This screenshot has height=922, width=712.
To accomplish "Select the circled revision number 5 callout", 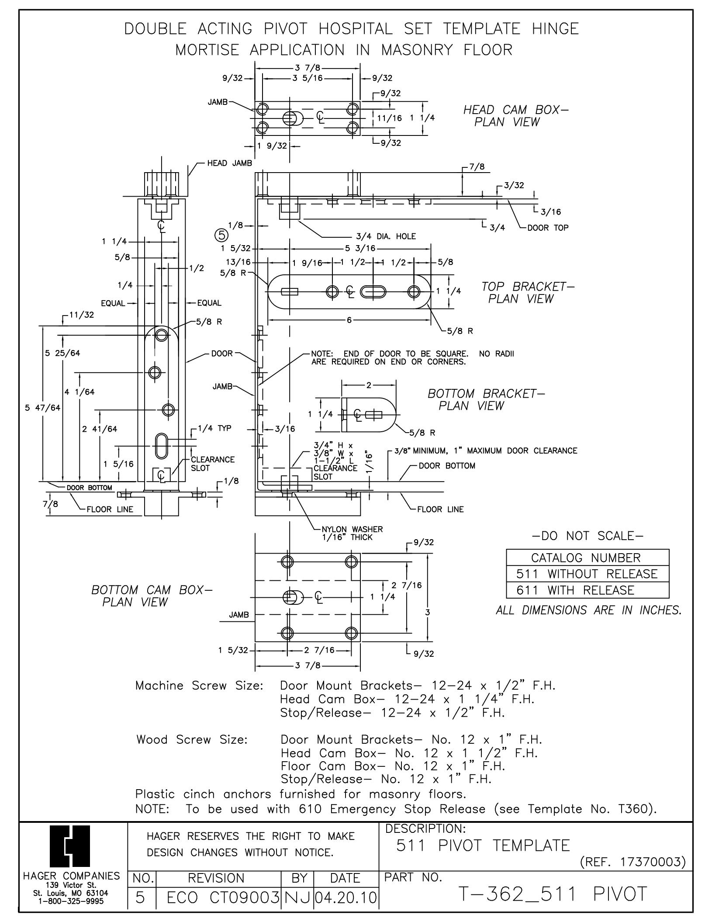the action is coord(221,236).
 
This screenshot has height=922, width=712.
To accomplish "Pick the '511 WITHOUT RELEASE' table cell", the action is coord(588,574).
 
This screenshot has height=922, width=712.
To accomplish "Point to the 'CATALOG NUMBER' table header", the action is coord(588,558).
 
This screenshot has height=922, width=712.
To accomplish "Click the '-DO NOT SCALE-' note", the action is coord(588,535).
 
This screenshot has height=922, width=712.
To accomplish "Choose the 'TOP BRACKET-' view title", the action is coord(528,287).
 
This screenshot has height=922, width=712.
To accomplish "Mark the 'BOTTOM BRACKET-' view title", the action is coord(486,394).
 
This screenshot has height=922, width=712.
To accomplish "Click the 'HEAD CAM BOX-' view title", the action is coord(516,110).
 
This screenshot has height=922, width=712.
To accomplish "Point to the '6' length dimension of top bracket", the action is coord(349,320).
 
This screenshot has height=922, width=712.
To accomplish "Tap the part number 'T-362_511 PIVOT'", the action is coord(552,894).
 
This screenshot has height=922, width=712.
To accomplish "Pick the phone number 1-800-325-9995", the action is coord(72,900).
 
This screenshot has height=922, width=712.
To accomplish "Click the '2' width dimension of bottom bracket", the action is coord(369,385).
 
